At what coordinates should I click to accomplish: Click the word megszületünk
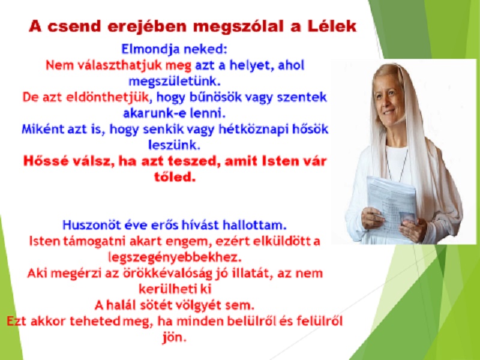(175, 82)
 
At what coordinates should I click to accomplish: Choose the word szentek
(302, 97)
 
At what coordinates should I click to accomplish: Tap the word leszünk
(174, 145)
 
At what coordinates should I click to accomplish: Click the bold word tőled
(175, 177)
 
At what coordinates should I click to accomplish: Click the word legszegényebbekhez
(175, 257)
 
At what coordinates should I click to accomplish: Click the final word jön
(175, 337)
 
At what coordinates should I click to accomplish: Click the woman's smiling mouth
(389, 112)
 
